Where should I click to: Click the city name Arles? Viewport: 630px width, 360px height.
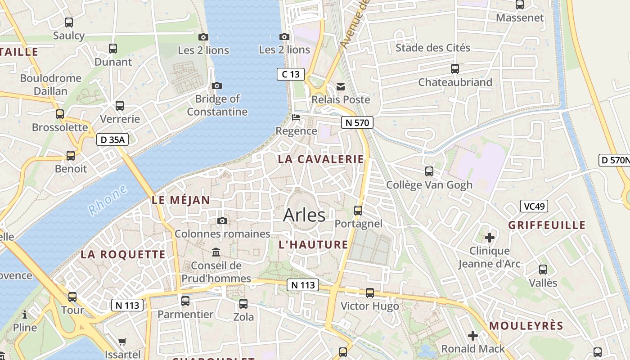pos(304,215)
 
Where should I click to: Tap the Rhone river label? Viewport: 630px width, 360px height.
pos(108,200)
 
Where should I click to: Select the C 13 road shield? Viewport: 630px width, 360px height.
pos(290,74)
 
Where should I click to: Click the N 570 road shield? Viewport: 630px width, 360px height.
pos(357,122)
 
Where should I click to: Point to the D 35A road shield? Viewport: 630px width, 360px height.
pos(112,139)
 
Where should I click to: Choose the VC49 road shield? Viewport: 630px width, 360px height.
pos(534,207)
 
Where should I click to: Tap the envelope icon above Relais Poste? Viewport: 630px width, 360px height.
pos(341,86)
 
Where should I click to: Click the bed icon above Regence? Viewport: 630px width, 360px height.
pos(296,117)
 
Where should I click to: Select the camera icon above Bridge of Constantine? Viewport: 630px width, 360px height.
pos(217,85)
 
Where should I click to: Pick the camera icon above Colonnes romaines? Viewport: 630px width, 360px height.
pos(222,220)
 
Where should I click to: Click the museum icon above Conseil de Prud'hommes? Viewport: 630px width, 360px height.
pos(216,252)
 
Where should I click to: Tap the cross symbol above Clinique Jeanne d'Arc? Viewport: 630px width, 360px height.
pos(490,237)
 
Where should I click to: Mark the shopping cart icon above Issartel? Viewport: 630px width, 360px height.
pos(122,342)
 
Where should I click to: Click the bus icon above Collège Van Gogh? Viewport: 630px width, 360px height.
pos(429,171)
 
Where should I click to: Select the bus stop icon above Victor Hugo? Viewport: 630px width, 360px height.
pos(370,293)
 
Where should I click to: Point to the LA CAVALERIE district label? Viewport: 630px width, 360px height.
pos(321,159)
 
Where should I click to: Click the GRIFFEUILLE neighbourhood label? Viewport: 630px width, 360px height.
pos(547,225)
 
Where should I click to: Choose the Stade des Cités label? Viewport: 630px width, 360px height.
pos(432,48)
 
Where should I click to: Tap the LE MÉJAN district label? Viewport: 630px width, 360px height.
pos(181,200)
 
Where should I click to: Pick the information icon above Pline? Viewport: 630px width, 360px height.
pos(25,314)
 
